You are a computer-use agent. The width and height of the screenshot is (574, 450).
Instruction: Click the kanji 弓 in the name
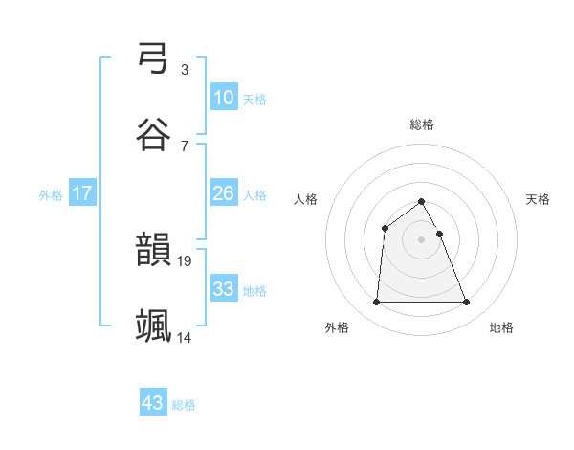click(x=154, y=59)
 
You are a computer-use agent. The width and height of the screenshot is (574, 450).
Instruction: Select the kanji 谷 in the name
click(x=154, y=135)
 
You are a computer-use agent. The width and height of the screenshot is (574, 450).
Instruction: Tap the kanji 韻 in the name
click(x=154, y=251)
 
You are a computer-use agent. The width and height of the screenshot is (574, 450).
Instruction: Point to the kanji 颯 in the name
click(x=154, y=326)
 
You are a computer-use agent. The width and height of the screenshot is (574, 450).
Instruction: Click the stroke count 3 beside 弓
click(x=184, y=69)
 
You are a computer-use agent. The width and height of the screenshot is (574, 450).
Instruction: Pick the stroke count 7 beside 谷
click(x=184, y=146)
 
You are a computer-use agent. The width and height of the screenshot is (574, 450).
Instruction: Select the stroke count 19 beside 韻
click(x=186, y=260)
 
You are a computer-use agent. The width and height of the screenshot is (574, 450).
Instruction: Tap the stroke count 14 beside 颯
click(x=186, y=337)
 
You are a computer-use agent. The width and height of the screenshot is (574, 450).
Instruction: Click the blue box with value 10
click(x=223, y=97)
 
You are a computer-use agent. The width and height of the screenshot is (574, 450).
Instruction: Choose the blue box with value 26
click(x=223, y=193)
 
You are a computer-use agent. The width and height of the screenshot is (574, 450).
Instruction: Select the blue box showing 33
click(x=223, y=288)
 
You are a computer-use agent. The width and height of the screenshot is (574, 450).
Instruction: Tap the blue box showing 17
click(x=82, y=193)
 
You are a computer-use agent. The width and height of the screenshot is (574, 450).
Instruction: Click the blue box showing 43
click(x=153, y=403)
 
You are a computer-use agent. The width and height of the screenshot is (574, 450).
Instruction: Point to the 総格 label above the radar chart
click(x=422, y=124)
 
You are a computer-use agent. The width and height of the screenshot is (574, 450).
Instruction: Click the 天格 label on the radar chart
click(x=539, y=199)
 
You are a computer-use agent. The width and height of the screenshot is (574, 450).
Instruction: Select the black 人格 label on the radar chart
click(x=306, y=199)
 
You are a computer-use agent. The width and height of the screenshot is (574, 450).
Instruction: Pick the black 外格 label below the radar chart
click(x=337, y=328)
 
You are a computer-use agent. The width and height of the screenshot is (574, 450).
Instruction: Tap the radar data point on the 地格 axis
click(x=467, y=303)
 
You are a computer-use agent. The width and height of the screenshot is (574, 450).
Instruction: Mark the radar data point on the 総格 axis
click(x=422, y=201)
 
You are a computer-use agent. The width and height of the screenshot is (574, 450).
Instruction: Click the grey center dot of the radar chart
click(x=422, y=238)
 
